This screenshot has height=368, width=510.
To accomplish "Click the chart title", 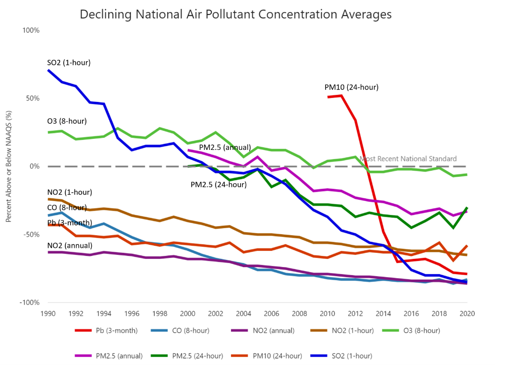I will point(236,15).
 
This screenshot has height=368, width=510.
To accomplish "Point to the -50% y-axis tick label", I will point(31,235).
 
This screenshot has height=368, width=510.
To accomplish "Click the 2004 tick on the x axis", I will point(244,312).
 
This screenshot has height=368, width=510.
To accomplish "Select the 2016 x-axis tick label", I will point(410,312).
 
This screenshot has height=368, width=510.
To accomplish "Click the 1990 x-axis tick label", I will point(49,312).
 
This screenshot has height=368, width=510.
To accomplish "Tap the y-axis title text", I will point(8,167).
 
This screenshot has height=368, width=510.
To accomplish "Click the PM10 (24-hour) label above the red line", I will point(351,87).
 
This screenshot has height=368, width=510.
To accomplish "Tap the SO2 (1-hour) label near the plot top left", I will point(68,63).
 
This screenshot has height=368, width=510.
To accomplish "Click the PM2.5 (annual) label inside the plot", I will point(225,147).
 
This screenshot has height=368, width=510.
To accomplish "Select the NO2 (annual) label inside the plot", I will point(69,245).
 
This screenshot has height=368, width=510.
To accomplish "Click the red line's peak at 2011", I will point(342,95).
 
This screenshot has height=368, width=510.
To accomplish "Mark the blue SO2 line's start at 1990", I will point(49,70).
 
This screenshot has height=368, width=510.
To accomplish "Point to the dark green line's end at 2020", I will point(467,207).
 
